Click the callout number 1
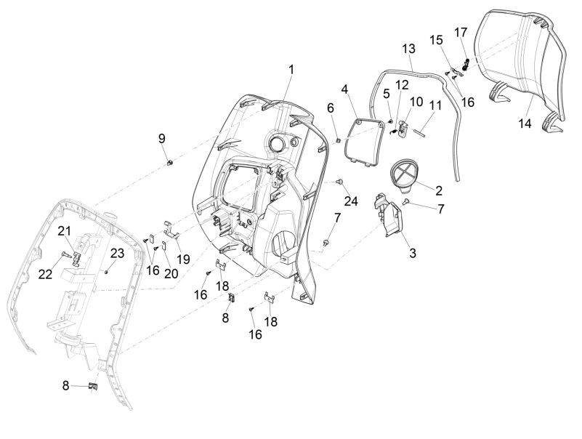[x=291, y=69]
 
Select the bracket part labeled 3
[x=387, y=218]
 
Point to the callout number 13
[x=409, y=48]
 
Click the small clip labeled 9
[x=169, y=162]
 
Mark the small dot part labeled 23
[x=107, y=270]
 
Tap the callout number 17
[x=461, y=32]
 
